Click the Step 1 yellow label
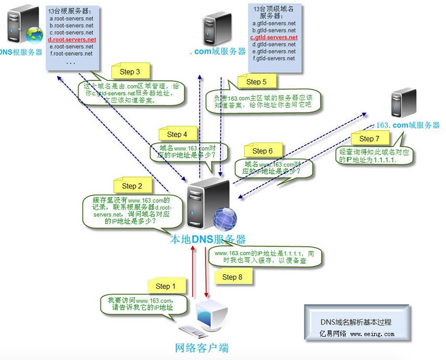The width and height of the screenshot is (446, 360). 165,286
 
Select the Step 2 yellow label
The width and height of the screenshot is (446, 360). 132,185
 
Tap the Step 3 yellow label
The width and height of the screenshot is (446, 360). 130,72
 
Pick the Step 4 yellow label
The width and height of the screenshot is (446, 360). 177,134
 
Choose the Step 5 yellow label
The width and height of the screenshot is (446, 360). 257,81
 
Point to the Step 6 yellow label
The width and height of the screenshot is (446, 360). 262,150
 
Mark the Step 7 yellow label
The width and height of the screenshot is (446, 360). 369,138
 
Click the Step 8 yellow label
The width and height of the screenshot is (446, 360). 232,277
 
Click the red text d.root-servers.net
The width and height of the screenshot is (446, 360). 72,40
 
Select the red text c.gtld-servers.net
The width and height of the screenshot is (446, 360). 274,37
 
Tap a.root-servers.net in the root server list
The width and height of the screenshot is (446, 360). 71,18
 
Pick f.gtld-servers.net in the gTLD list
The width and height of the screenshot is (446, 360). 274,58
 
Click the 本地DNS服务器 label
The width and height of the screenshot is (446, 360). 208,239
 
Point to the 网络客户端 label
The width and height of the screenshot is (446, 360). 201,348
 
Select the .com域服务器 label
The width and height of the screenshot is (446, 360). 218,52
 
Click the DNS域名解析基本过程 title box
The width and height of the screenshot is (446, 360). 356,322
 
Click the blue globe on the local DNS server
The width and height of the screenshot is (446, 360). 224,218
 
